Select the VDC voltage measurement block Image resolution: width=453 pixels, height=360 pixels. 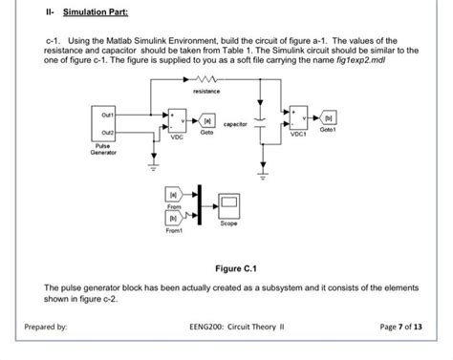(177, 122)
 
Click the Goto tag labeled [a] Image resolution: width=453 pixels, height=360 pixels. (207, 123)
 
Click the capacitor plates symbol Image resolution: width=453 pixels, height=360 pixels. (262, 126)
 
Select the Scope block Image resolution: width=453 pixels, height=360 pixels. (229, 201)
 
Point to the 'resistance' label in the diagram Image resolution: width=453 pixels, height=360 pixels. (206, 92)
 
